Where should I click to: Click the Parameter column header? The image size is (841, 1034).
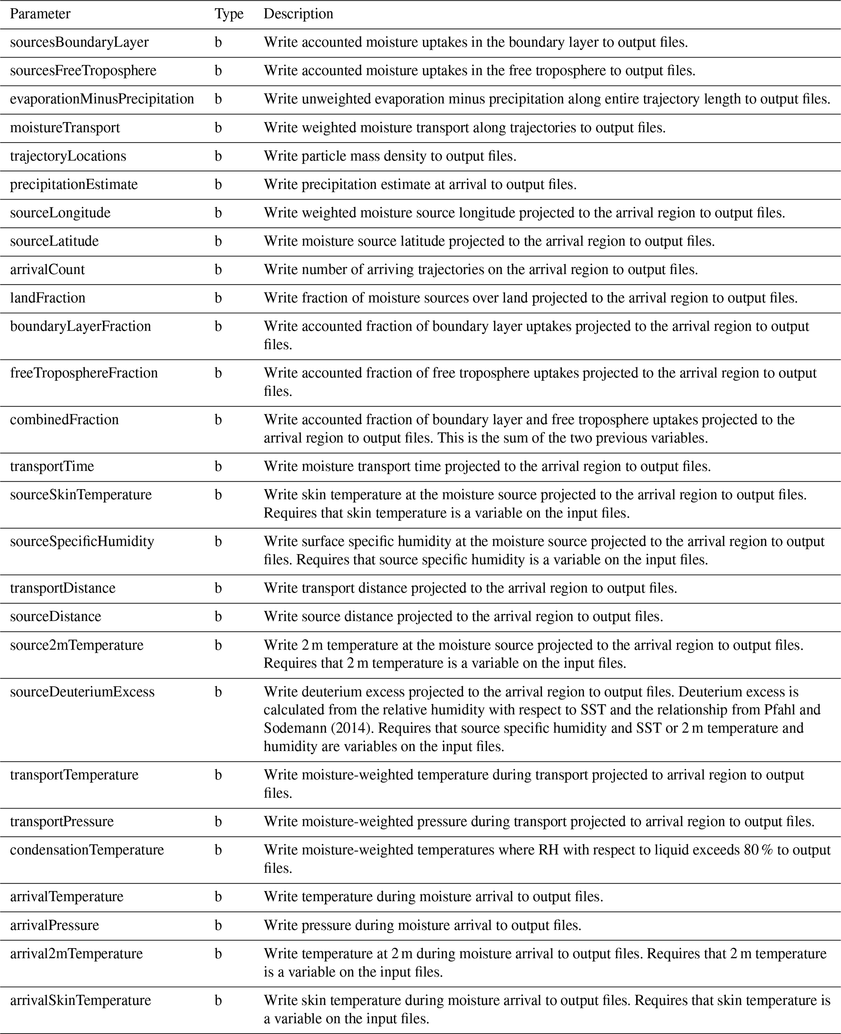[40, 14]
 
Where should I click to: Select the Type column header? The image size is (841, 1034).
[229, 14]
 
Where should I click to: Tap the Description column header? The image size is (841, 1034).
[298, 14]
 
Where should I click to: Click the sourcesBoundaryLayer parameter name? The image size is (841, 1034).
[79, 43]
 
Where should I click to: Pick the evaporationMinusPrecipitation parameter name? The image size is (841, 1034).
[102, 99]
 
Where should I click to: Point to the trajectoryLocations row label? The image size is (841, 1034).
[68, 156]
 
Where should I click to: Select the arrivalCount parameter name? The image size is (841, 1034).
[48, 270]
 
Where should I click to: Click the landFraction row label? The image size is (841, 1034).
[48, 298]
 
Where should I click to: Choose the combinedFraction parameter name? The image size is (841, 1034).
[64, 420]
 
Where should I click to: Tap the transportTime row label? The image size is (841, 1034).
[52, 466]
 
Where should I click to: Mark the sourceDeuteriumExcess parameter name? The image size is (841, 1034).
[82, 692]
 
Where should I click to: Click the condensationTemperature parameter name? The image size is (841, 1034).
[87, 850]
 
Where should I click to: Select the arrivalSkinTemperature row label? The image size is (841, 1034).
[81, 1000]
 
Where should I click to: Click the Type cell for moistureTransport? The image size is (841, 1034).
[218, 128]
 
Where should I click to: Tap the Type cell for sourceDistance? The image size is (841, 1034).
[218, 617]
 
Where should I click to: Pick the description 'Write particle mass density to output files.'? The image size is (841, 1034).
[390, 156]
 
